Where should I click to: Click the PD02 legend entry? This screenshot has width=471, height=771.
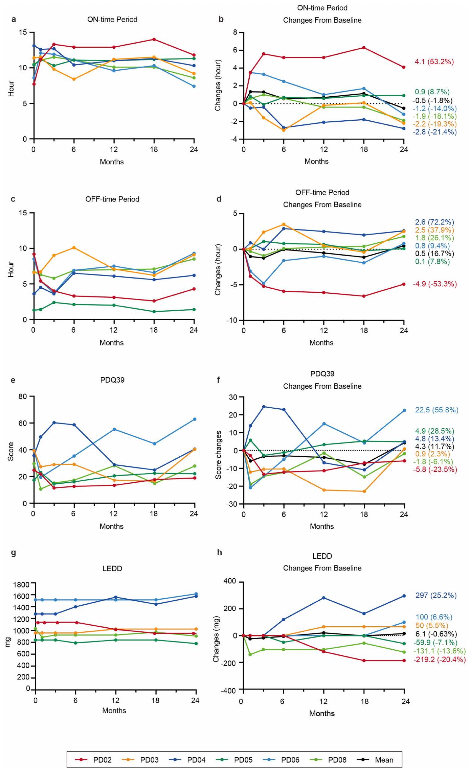[x=93, y=760]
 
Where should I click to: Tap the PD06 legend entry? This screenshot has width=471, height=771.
[x=281, y=760]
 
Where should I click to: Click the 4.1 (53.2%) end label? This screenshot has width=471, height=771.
[x=434, y=62]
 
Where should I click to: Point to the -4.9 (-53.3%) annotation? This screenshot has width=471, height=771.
[x=434, y=284]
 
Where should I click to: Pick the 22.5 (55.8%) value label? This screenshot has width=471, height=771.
[x=436, y=410]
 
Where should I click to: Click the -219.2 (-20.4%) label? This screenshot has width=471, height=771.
[x=439, y=659]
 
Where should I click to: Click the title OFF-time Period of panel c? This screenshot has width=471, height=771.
[x=112, y=199]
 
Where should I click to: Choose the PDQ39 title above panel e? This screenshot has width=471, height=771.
[x=112, y=380]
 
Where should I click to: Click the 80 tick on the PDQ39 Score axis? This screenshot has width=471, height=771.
[x=23, y=396]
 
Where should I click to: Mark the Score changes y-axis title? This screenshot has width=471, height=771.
[x=219, y=455]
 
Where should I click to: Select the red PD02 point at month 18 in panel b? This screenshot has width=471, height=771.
[x=364, y=48]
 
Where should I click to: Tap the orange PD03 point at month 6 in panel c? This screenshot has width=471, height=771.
[x=74, y=248]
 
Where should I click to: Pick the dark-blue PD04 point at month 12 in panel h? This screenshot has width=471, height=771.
[x=324, y=598]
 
